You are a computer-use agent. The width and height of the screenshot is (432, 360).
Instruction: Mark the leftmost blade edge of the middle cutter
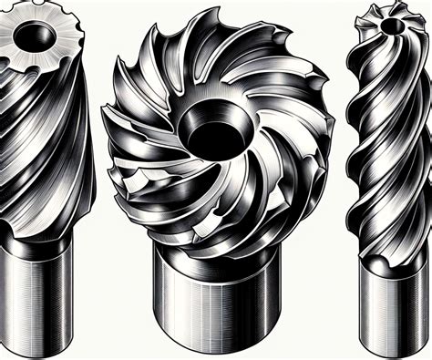pyautogui.click(x=108, y=137)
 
